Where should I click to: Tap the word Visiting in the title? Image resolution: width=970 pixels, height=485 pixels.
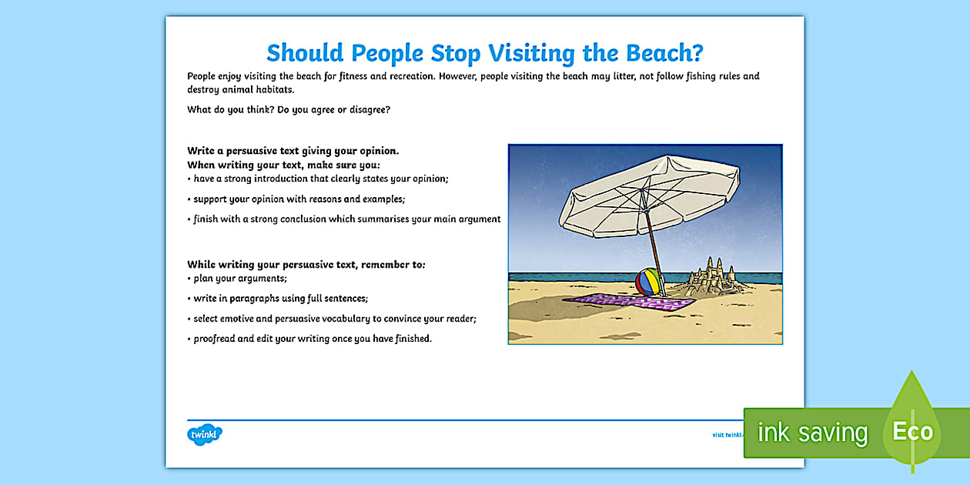531,53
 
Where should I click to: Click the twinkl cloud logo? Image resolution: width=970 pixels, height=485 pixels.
205,434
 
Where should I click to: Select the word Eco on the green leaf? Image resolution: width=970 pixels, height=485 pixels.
912,432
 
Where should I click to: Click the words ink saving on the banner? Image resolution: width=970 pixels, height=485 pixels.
813,433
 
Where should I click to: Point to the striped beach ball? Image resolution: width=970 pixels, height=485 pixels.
648,282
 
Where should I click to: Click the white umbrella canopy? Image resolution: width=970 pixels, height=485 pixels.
649,196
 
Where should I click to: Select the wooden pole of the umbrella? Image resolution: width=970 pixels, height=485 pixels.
654,251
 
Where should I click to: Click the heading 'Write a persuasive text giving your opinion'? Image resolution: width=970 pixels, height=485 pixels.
293,151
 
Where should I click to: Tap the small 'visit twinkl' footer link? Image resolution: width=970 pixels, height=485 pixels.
728,435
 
